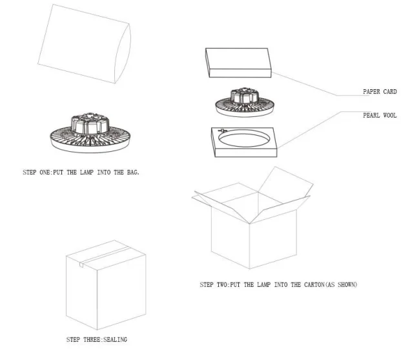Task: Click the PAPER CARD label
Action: [379, 92]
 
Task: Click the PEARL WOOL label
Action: [379, 115]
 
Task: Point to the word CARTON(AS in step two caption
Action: [313, 284]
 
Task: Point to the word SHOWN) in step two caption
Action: [344, 284]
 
